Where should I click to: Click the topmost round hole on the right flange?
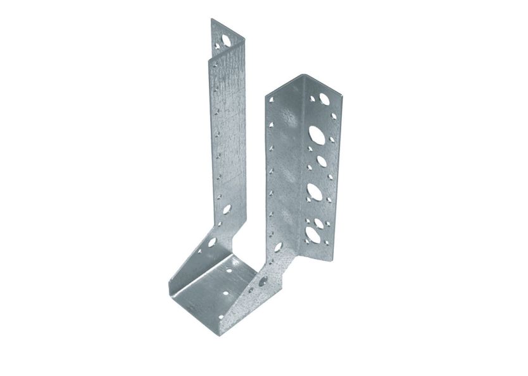324,99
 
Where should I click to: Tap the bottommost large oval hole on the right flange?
313,234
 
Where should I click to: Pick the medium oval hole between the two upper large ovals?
321,161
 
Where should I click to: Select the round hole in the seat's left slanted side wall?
212,241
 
